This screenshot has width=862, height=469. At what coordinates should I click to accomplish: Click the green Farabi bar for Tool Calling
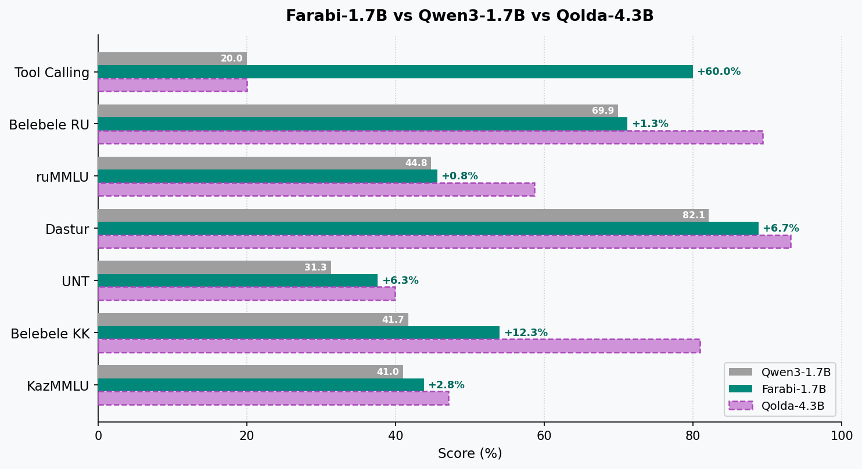click(x=395, y=71)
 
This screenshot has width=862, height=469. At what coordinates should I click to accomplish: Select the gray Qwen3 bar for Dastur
click(x=403, y=215)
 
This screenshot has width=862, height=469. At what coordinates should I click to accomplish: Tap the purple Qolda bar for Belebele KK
click(x=399, y=346)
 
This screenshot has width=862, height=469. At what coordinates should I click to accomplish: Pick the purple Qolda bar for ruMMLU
click(x=316, y=189)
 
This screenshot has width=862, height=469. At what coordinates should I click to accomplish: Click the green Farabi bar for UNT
click(x=238, y=280)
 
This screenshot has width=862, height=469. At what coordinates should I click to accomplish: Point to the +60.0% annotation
click(x=719, y=72)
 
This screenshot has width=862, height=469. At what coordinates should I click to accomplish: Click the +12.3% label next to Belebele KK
click(x=525, y=333)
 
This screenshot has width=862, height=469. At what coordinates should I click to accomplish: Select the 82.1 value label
click(x=694, y=215)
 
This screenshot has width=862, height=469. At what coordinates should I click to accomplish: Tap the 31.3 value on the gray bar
click(x=315, y=268)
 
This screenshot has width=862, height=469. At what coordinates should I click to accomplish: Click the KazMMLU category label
click(x=58, y=385)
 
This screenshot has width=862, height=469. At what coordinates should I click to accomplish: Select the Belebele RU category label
click(x=49, y=125)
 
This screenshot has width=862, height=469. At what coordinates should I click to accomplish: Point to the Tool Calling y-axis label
click(x=52, y=73)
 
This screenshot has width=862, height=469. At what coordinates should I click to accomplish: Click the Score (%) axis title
click(x=470, y=453)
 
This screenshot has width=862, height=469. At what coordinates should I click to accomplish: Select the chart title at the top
click(x=469, y=16)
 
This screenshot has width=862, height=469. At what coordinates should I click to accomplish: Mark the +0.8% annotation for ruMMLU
click(x=459, y=176)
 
